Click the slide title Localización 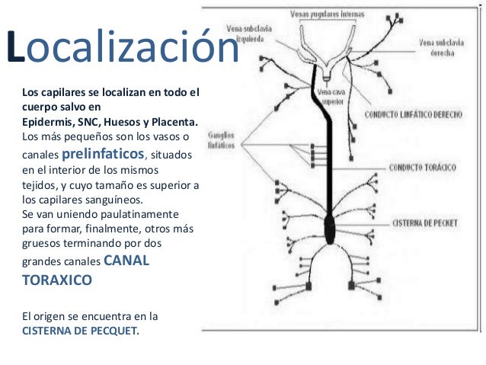(122, 47)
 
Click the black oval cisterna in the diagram (330, 227)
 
